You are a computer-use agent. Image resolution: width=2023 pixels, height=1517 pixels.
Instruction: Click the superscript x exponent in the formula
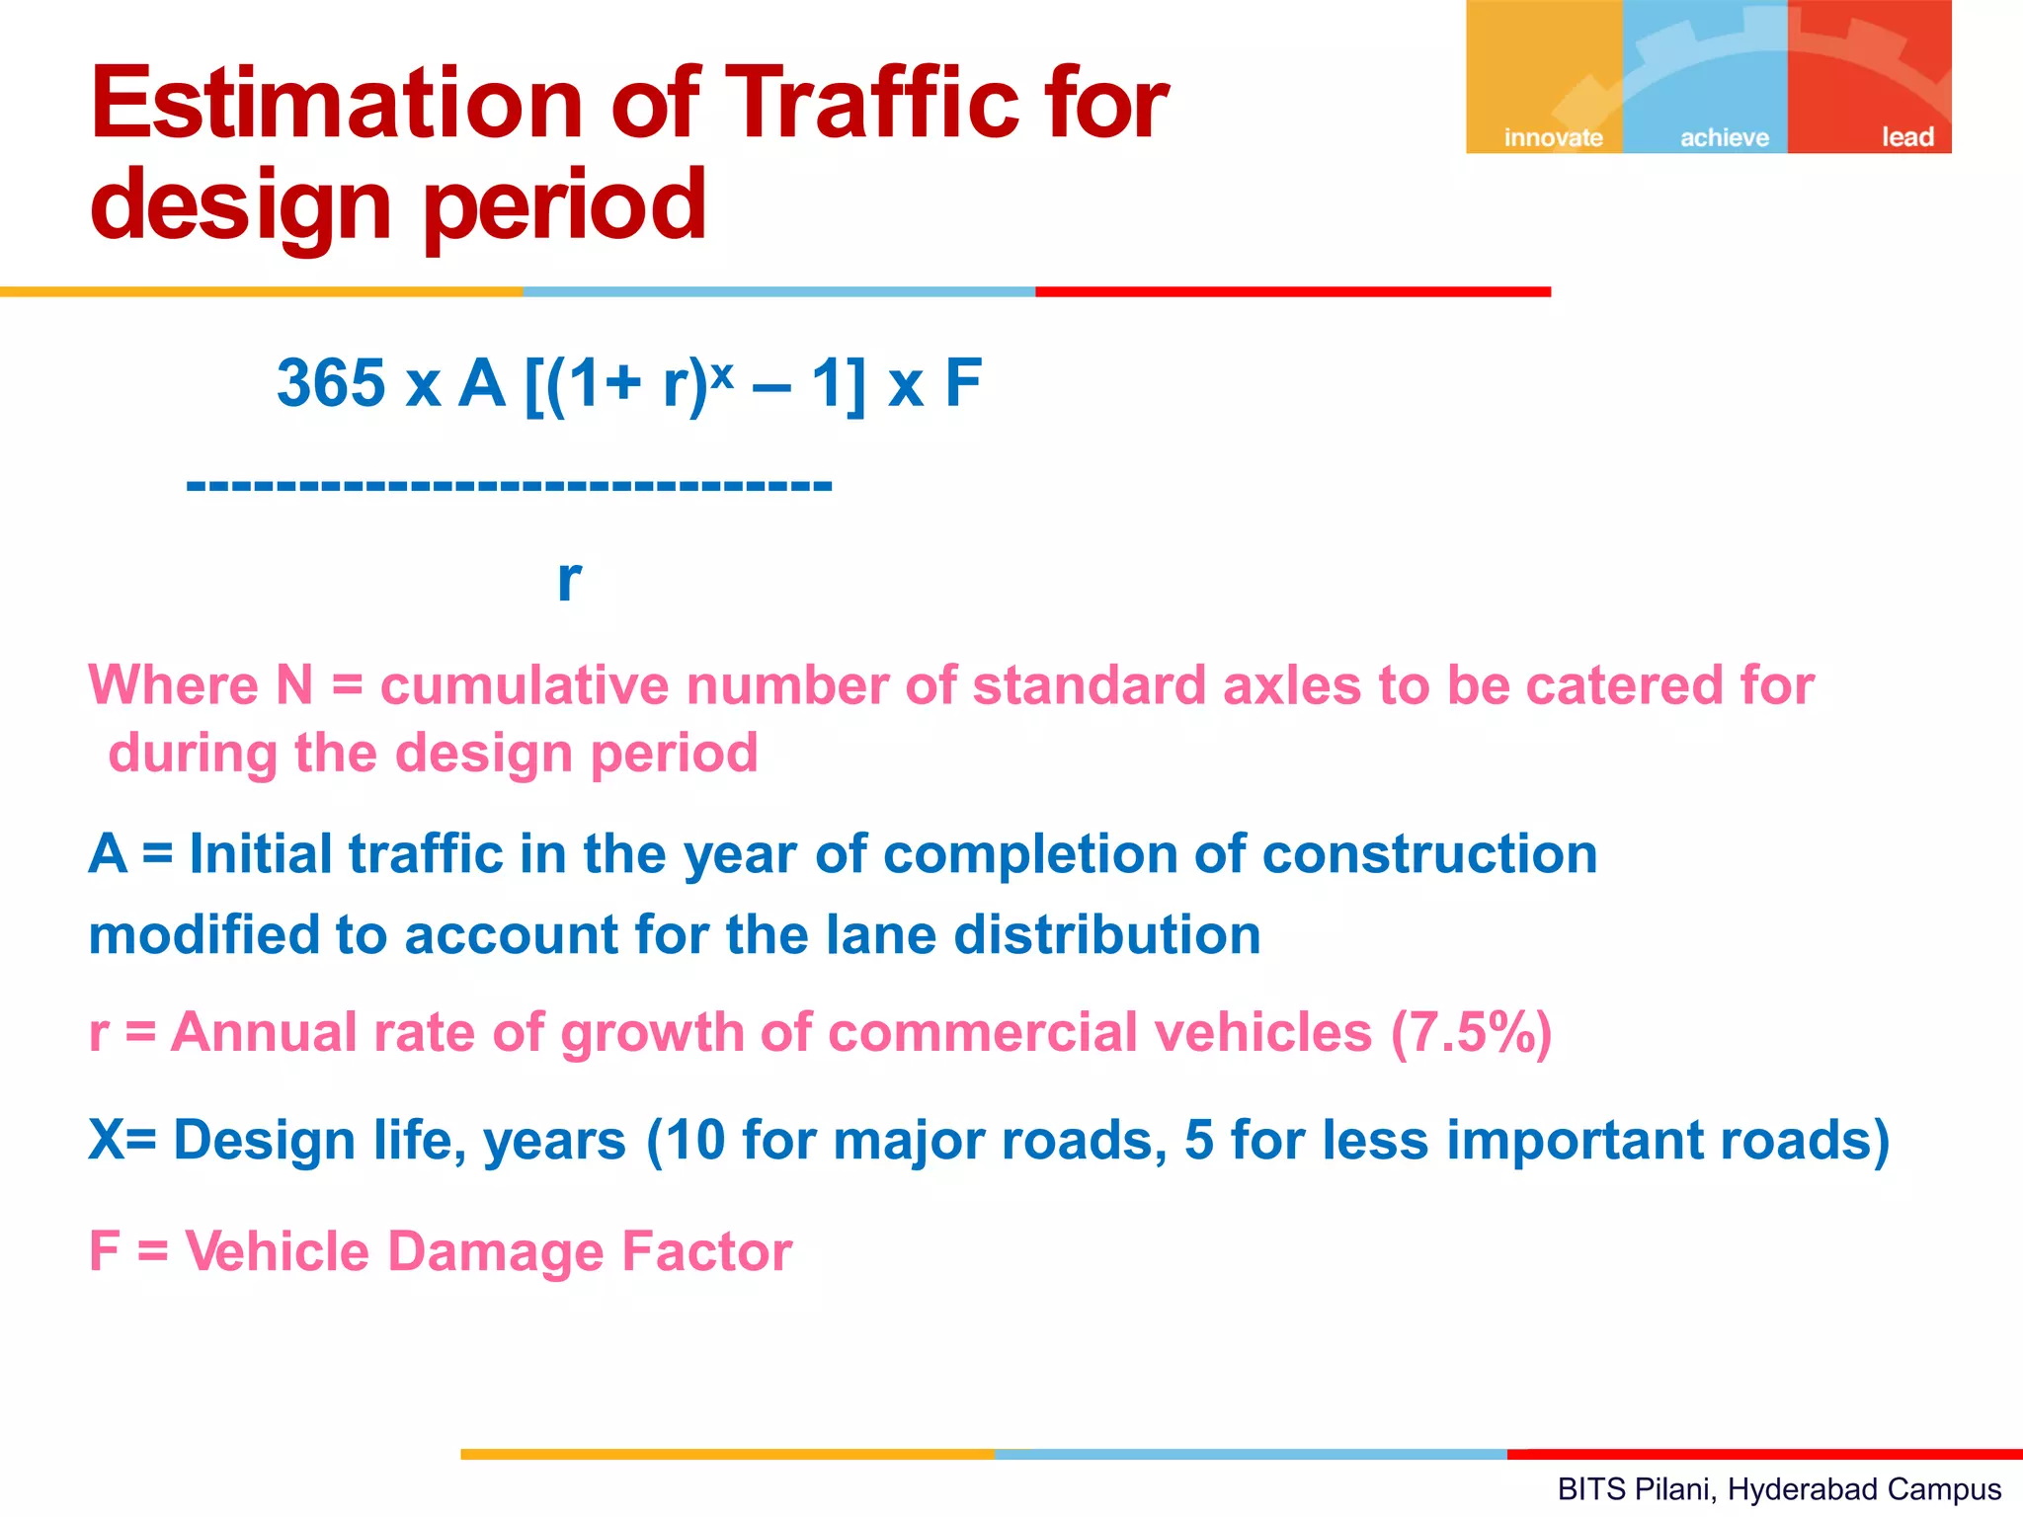pos(722,370)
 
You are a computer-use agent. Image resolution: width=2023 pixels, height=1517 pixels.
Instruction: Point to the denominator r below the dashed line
pos(569,580)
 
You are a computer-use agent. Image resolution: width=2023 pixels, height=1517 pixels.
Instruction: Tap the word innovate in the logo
pos(1553,137)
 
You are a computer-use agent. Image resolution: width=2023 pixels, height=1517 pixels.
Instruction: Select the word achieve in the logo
pos(1725,137)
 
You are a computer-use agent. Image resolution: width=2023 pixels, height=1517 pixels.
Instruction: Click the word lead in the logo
pos(1907,137)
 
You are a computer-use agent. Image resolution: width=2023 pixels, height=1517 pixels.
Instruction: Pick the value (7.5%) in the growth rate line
pos(1471,1033)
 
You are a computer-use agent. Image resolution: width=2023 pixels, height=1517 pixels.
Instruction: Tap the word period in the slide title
pos(564,205)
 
